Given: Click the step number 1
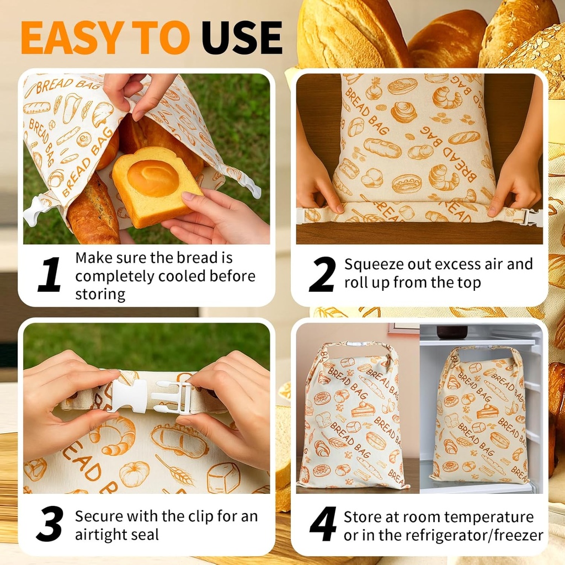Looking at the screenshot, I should point(50,275).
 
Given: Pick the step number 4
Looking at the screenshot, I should point(323,524).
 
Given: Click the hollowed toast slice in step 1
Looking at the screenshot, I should point(154,185).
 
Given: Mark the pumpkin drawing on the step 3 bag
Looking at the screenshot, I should point(134,473).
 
